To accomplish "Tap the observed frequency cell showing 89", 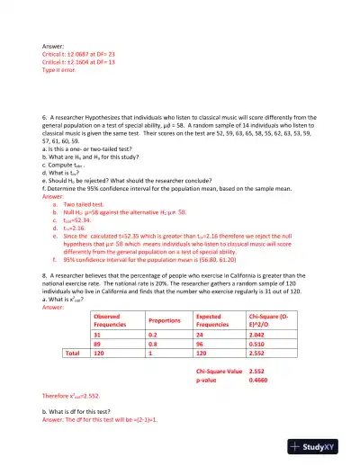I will tap(98, 343).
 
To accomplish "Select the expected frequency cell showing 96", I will tap(201, 343).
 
